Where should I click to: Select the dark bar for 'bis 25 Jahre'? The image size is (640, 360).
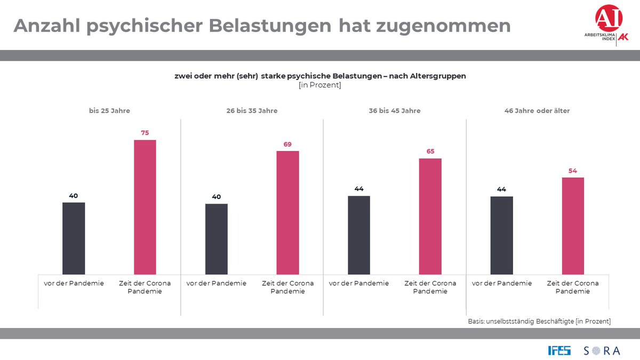coord(74,238)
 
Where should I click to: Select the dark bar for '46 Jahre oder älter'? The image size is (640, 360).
coord(501,235)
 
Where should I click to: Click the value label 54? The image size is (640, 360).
coord(573,171)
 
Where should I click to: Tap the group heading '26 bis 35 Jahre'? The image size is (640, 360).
coord(252,111)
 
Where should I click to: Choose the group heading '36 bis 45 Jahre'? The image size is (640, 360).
coord(395,111)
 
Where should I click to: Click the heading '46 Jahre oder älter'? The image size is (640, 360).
coord(537,111)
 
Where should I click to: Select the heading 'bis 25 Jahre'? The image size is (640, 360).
coord(109,111)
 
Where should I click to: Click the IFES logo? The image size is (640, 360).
coord(559,350)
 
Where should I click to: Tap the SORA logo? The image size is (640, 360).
coord(602,350)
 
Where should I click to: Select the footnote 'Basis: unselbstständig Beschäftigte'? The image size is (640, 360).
coord(539,321)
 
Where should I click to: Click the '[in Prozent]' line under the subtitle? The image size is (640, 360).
coord(320,85)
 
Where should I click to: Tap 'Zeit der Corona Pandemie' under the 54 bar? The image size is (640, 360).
coord(573,287)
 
